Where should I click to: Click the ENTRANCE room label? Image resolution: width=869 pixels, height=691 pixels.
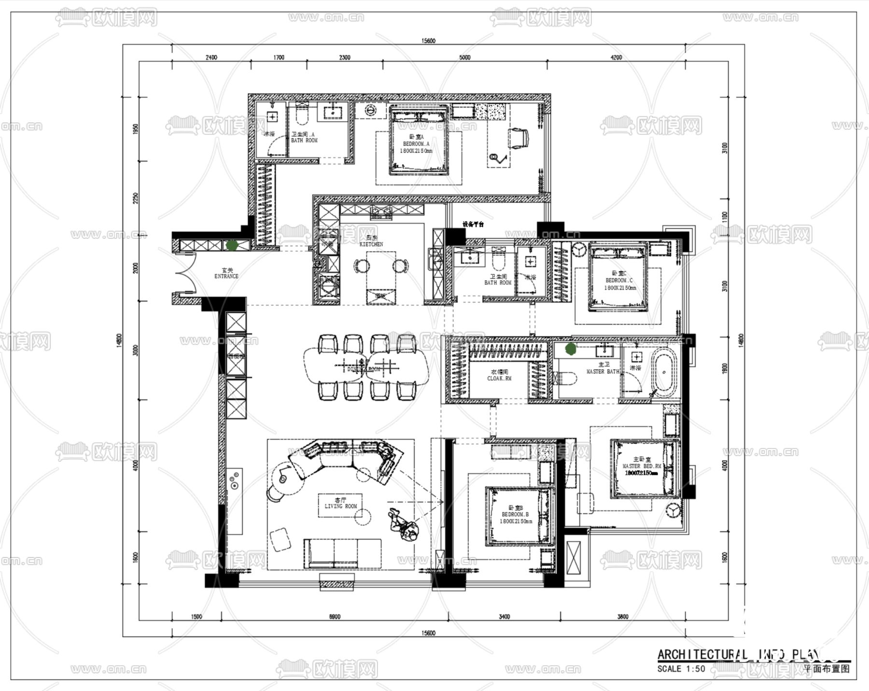[x=226, y=276]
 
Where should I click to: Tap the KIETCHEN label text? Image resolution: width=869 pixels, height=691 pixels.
[x=371, y=244]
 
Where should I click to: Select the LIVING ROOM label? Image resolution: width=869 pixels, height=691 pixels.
[x=341, y=506]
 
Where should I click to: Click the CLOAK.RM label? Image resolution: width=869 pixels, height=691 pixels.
[x=499, y=379]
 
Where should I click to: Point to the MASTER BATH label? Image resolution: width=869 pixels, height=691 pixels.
[x=603, y=371]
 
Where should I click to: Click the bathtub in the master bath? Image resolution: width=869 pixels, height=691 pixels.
[x=664, y=372]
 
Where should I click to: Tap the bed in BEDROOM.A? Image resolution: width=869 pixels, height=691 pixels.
[x=419, y=141]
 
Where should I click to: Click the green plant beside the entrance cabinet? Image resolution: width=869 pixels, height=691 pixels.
[x=232, y=245]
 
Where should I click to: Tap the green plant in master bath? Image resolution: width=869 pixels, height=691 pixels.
[x=571, y=348]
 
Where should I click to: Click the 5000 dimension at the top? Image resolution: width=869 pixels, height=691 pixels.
[x=464, y=57]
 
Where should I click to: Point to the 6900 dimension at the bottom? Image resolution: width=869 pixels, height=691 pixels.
[x=334, y=617]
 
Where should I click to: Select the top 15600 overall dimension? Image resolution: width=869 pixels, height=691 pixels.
[x=428, y=41]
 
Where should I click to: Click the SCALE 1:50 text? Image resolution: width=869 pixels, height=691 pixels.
[x=681, y=669]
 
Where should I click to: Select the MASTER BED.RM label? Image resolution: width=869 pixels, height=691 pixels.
[x=642, y=466]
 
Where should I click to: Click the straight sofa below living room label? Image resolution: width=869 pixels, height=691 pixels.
[x=343, y=553]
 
